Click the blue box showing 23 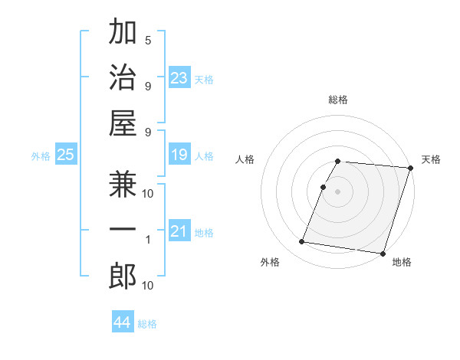(179, 78)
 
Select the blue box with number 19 (179, 155)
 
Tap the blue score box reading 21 (179, 232)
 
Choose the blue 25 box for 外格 (65, 155)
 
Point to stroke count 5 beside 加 (148, 41)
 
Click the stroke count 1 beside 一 (148, 240)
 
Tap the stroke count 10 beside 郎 (148, 286)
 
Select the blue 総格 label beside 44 (147, 324)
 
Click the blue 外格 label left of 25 (40, 156)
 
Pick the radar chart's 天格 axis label (431, 159)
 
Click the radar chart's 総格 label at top (338, 100)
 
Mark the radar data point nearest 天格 (411, 168)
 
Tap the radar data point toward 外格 (302, 242)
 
